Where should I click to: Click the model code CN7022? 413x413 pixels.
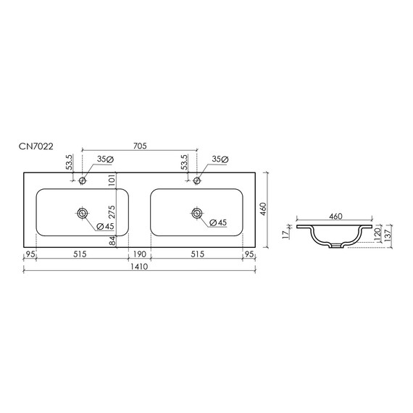[36, 146]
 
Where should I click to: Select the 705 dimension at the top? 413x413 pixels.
[140, 146]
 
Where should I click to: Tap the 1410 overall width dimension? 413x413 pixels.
[139, 267]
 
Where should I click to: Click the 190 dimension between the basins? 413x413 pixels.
[139, 254]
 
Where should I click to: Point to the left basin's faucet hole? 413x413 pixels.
[83, 180]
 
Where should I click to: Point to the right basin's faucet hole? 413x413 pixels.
[197, 180]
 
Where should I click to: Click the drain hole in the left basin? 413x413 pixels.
[83, 213]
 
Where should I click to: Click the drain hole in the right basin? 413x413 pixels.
[197, 213]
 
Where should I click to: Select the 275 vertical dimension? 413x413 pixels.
[112, 212]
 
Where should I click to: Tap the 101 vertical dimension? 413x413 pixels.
[112, 180]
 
